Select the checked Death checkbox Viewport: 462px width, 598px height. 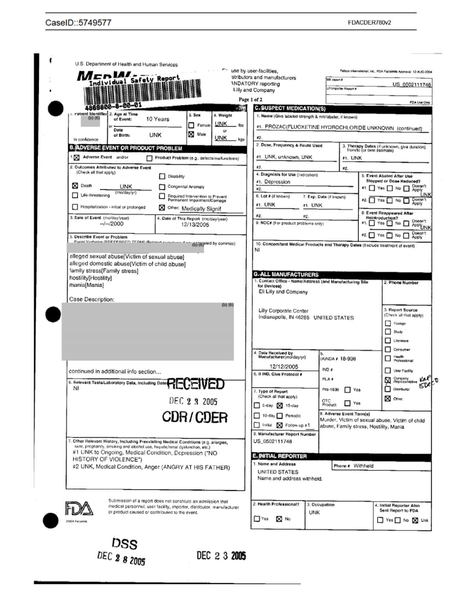coord(75,186)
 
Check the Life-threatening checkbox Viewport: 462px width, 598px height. coord(75,196)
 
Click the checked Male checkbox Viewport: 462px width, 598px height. coord(192,135)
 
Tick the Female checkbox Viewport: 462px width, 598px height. coord(192,125)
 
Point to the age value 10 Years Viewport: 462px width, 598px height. coord(154,119)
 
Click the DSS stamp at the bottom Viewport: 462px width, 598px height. coord(125,544)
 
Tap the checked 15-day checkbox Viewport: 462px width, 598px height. coord(280,406)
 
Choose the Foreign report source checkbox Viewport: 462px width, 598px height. coord(388,323)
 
